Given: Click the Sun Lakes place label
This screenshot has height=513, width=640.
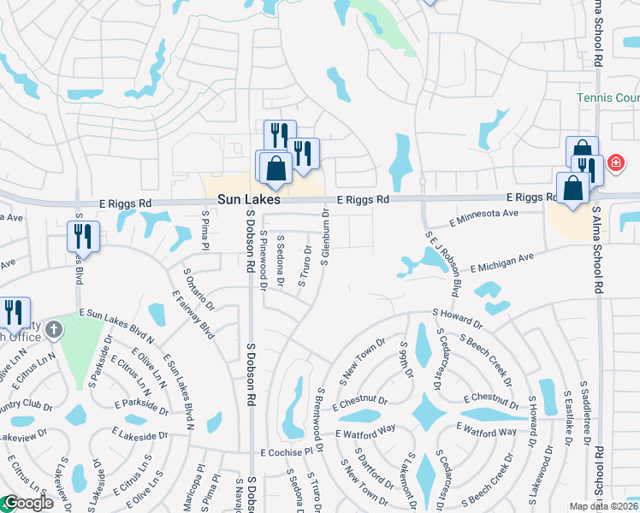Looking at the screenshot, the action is point(248,198).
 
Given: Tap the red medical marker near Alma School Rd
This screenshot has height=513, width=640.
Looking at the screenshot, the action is point(614,162).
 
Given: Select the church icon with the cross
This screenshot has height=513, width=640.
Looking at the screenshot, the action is point(53,329).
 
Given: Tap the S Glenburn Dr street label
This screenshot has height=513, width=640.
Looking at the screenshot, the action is point(325,237).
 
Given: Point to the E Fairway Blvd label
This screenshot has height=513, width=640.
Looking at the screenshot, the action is point(193,314).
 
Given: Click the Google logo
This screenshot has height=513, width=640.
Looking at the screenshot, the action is point(27,504).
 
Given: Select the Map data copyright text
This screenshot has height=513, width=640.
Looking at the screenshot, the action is point(604,506).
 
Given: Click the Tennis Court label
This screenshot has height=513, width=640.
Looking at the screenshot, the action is point(608,98).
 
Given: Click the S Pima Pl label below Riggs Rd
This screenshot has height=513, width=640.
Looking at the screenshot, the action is point(205,230).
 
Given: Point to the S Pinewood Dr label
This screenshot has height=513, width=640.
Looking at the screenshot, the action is point(264,260).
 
